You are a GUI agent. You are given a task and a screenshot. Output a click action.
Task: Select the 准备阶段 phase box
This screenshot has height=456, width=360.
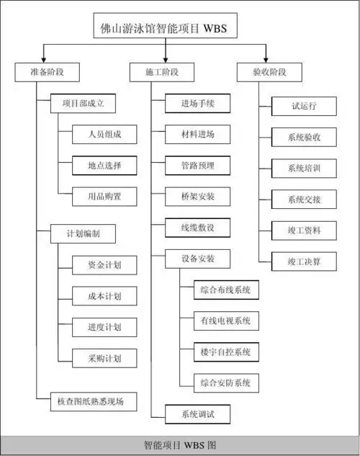(47, 72)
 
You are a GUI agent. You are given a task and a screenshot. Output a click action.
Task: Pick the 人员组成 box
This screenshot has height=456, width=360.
(104, 135)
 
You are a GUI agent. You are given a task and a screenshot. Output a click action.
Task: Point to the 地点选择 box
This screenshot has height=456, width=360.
(104, 165)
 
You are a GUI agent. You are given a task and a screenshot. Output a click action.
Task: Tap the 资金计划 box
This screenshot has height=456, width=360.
(104, 265)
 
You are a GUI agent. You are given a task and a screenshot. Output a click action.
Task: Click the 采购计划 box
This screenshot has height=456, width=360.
(104, 357)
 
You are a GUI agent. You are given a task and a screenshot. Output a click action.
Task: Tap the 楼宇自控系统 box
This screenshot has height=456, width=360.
(226, 352)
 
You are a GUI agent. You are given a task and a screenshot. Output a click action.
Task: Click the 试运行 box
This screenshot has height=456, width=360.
(303, 105)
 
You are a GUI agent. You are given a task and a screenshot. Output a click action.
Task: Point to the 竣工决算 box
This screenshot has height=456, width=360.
(303, 261)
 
